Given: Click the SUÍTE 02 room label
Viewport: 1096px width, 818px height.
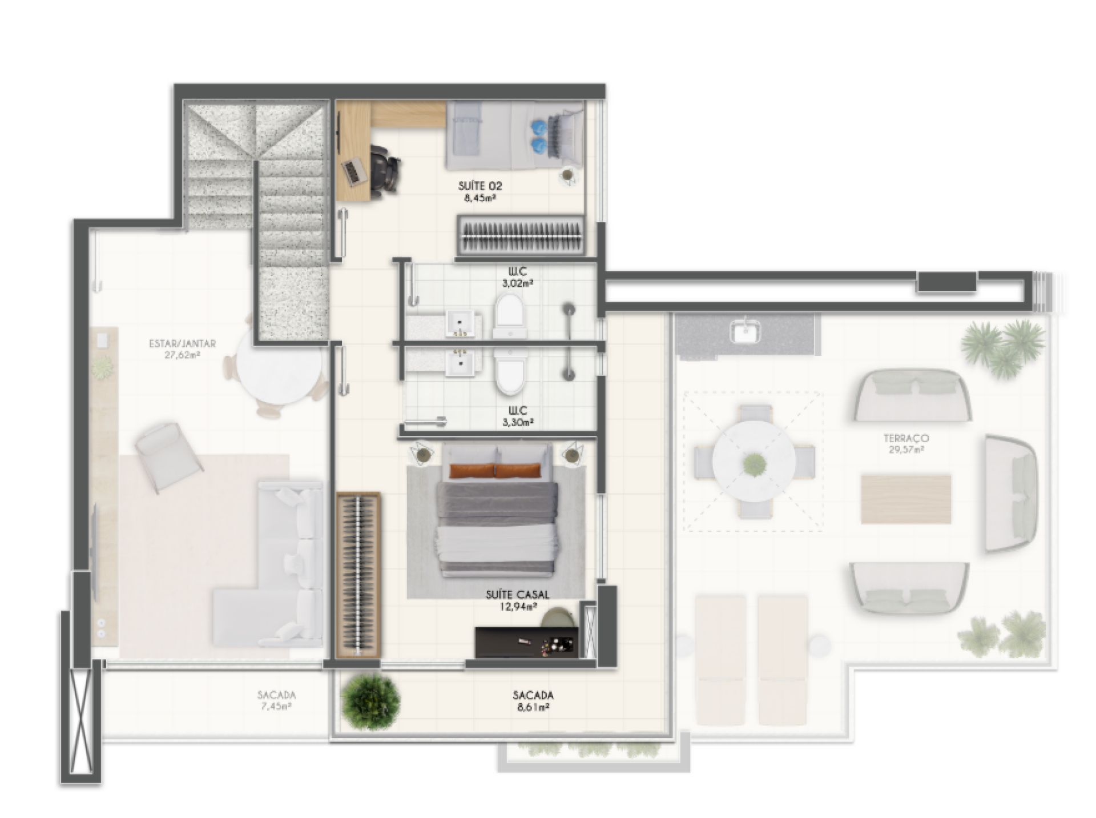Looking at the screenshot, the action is tap(480, 186).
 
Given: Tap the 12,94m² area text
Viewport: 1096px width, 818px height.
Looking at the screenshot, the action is tap(518, 607).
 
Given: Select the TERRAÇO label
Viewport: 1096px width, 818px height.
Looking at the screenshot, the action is tap(906, 438).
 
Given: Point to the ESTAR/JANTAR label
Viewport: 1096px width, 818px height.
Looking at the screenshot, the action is tap(182, 344).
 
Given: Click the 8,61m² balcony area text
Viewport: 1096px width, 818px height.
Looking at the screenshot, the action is tap(531, 707).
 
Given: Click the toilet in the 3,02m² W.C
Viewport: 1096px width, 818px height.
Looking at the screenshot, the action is tap(510, 316).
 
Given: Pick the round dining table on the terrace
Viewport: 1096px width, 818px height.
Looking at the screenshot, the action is tap(754, 461).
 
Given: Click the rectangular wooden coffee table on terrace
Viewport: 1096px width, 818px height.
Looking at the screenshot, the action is tap(906, 499).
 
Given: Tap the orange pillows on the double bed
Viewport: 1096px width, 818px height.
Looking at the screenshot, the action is tap(495, 471).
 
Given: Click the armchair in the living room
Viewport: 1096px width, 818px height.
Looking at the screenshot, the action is tap(168, 457).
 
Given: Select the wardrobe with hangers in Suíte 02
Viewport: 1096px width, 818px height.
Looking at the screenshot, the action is tap(522, 235).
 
